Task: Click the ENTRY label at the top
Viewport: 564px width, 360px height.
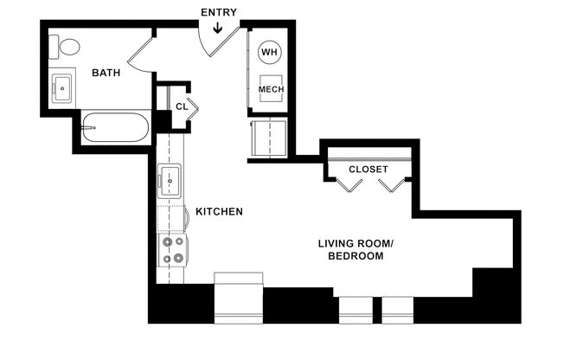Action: pos(218,12)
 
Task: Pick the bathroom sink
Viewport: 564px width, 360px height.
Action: pos(61,87)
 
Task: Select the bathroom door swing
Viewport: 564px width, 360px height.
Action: pos(140,54)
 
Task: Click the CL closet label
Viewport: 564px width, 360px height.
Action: pos(181,106)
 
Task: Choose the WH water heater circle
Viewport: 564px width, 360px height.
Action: pos(270,52)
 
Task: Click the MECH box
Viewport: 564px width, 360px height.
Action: pos(271,89)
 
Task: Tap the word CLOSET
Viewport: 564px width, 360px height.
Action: pos(369,169)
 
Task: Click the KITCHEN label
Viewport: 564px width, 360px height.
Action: pos(219,212)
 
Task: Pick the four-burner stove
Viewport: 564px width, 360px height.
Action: pos(170,250)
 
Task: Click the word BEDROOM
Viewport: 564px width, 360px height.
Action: pos(356,257)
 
